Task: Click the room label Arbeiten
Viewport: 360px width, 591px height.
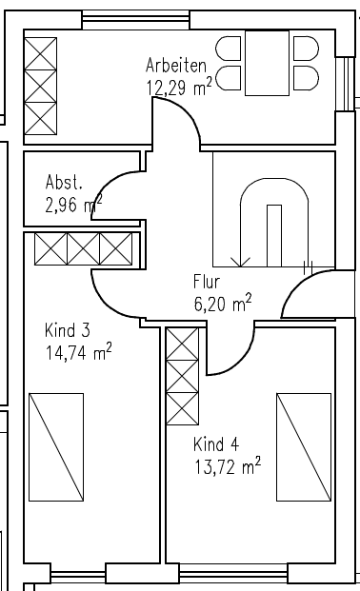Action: coord(176,66)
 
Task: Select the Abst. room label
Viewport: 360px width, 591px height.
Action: coord(64,182)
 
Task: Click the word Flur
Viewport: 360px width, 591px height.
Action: coord(207,283)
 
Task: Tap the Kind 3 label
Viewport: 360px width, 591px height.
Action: coord(67,331)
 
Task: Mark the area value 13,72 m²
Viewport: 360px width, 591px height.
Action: coord(227,465)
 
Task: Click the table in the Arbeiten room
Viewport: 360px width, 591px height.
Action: coord(267,63)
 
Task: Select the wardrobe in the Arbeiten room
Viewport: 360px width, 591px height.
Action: coord(40,87)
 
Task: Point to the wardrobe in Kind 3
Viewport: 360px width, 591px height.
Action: coord(82,249)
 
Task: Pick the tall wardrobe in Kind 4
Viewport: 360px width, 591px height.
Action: coord(182,377)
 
